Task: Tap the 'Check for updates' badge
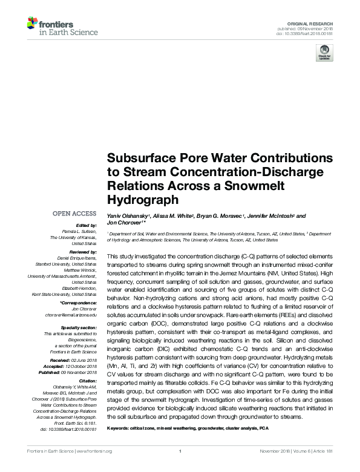tap(324, 54)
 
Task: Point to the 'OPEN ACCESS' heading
tap(74, 214)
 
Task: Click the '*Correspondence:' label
tap(79, 302)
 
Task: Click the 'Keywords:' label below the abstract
tap(120, 428)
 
